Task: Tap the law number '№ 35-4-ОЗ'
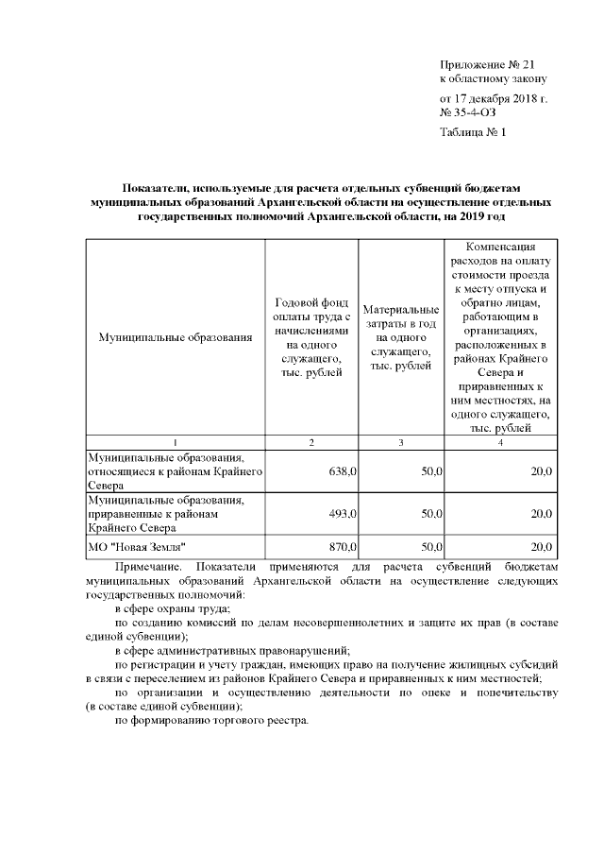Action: coord(468,112)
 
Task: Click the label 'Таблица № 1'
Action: coord(473,132)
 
